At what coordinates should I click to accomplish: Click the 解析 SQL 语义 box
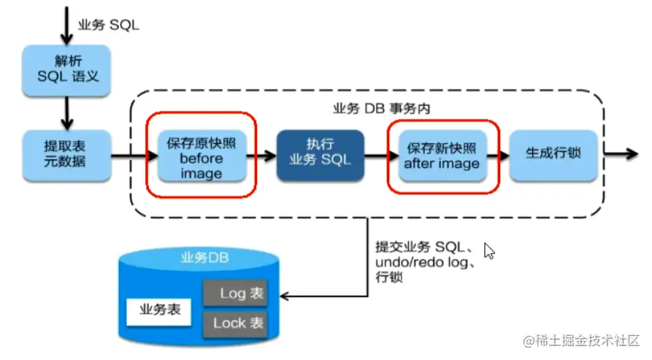[x=67, y=71]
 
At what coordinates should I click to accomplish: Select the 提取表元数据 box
[x=66, y=154]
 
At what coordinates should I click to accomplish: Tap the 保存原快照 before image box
[x=202, y=156]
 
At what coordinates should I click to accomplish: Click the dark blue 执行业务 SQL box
[x=321, y=155]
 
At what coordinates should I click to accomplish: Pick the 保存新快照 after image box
[x=442, y=155]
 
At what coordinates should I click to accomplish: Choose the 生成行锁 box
[x=552, y=155]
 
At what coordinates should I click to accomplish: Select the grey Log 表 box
[x=234, y=294]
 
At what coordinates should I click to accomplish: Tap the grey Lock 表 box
[x=234, y=322]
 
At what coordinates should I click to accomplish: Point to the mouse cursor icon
[x=490, y=251]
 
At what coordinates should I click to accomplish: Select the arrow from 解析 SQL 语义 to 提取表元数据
[x=67, y=112]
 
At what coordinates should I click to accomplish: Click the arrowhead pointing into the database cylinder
[x=286, y=296]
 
